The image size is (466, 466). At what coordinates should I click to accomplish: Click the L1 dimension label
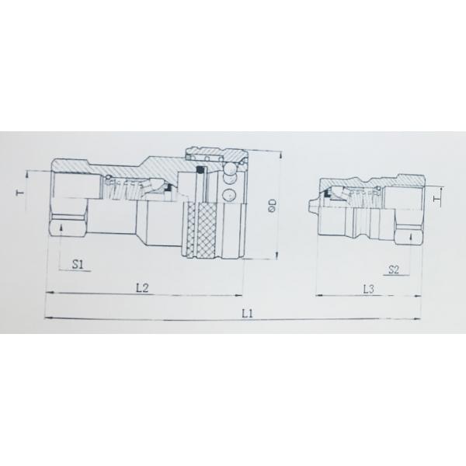pyautogui.click(x=248, y=313)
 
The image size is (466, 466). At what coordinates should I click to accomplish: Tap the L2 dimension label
pyautogui.click(x=142, y=288)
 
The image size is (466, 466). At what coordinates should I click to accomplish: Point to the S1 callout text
pyautogui.click(x=78, y=264)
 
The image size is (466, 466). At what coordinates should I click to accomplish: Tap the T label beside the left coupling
pyautogui.click(x=23, y=190)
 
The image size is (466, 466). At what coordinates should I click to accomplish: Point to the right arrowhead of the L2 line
pyautogui.click(x=240, y=295)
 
